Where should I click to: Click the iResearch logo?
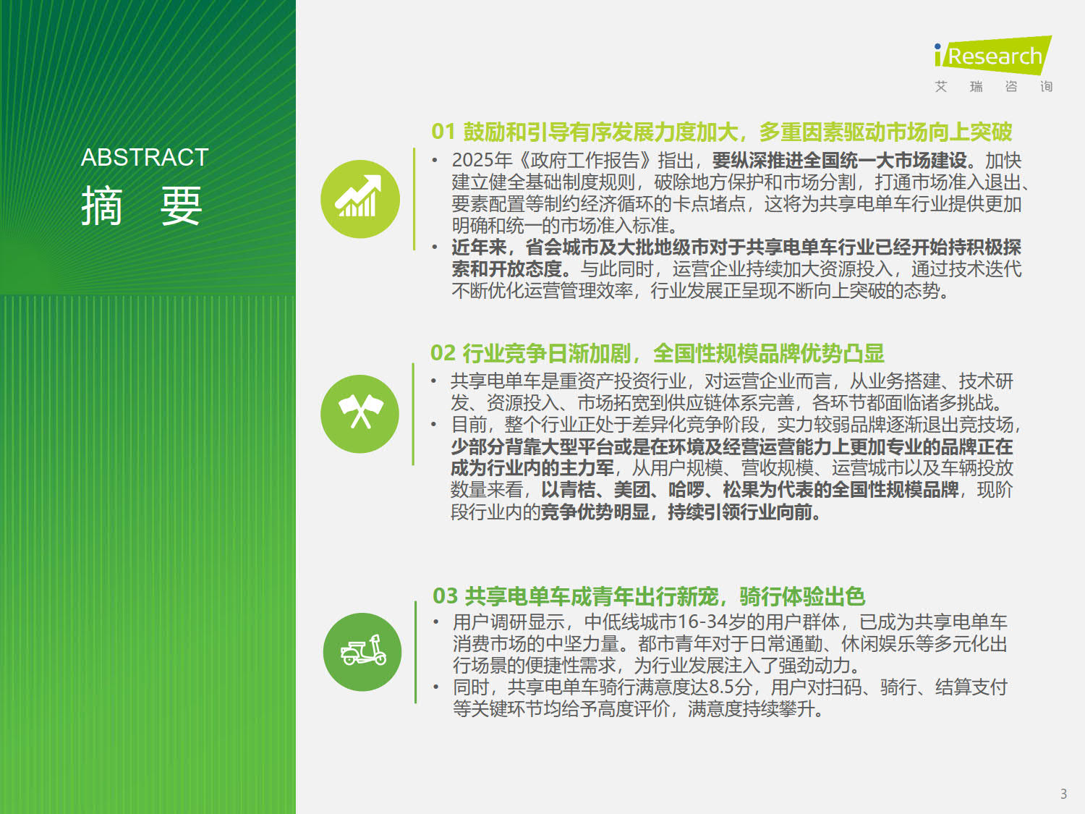993,56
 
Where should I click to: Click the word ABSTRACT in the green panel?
145,157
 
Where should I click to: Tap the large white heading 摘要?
142,205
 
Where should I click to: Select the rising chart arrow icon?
359,199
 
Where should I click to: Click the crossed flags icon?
359,414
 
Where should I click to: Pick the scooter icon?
362,652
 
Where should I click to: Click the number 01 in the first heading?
443,132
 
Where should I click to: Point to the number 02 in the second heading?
443,353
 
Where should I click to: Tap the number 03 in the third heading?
445,596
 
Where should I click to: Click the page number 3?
1064,794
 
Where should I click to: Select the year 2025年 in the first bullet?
482,160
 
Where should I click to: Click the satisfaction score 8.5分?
731,687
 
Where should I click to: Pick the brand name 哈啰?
686,490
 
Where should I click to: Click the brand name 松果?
741,490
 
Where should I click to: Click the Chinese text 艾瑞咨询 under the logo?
994,87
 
